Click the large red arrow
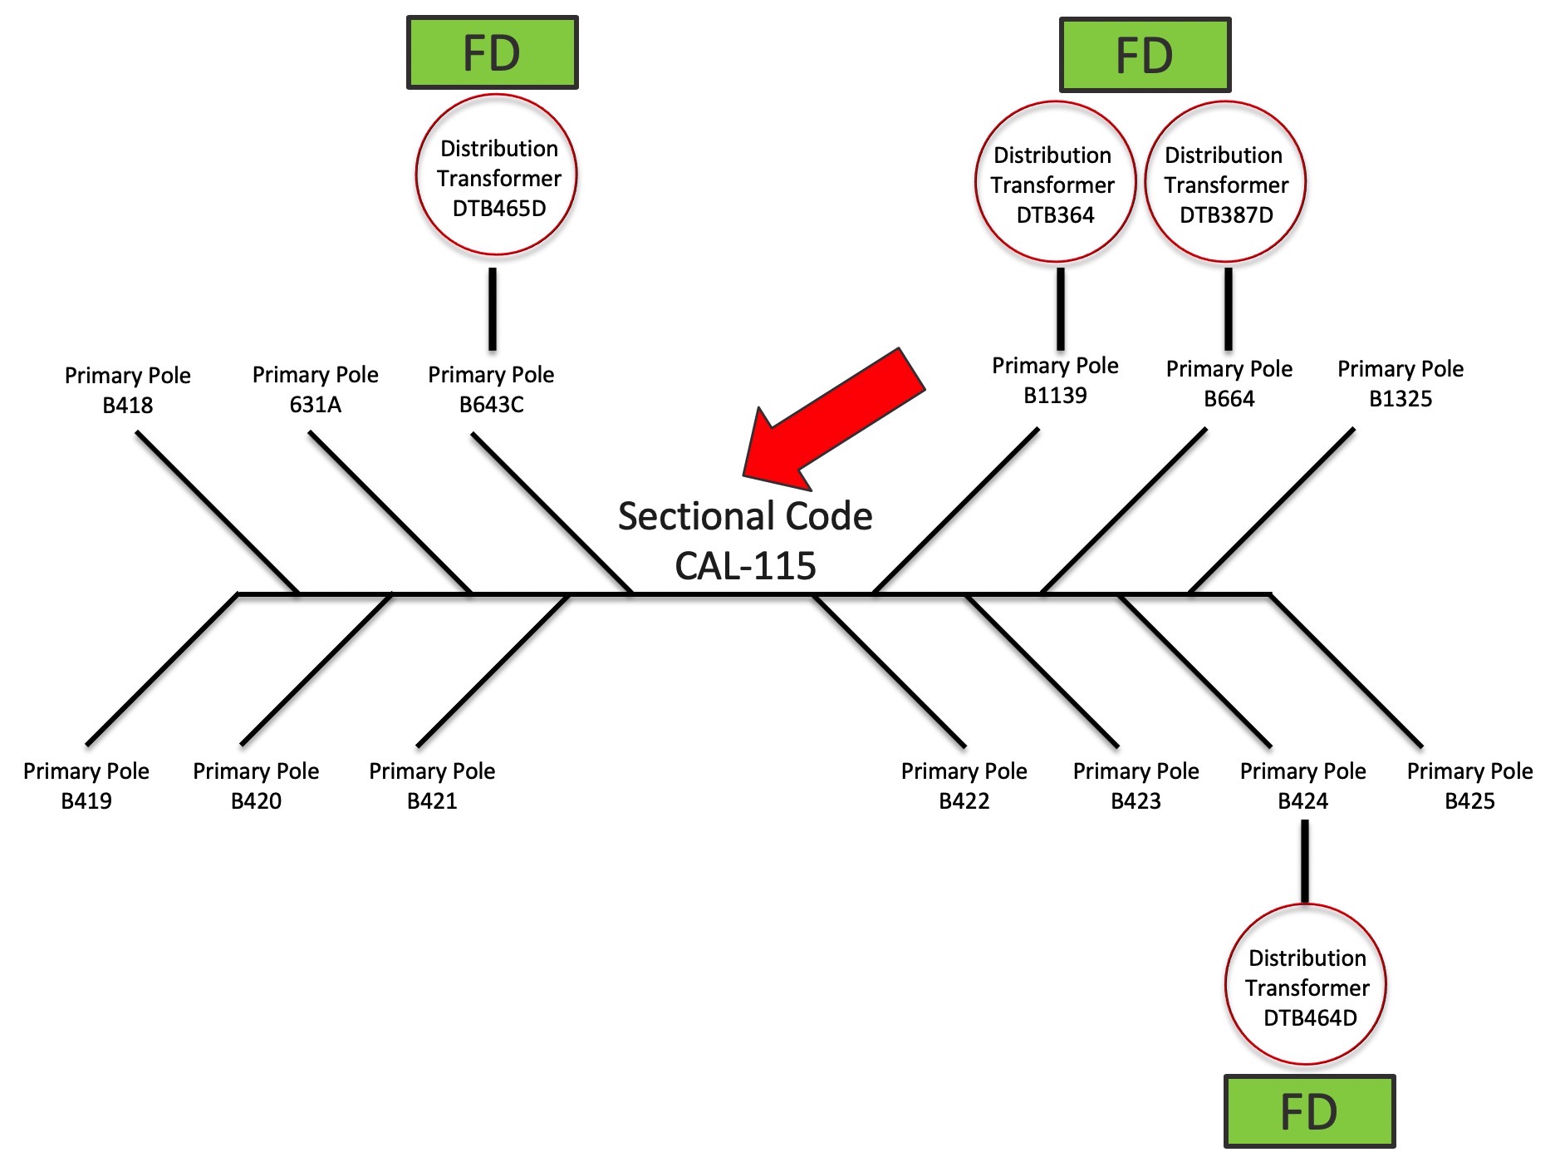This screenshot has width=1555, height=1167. click(831, 420)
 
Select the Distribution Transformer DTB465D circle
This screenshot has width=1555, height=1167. click(496, 175)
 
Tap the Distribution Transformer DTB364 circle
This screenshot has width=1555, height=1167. click(1055, 182)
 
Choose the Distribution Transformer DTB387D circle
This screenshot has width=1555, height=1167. click(1225, 182)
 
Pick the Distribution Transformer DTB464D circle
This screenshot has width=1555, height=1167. click(1306, 985)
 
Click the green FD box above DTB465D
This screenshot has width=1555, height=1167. click(492, 52)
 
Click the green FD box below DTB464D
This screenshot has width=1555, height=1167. click(1309, 1111)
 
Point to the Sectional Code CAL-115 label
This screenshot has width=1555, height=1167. click(745, 540)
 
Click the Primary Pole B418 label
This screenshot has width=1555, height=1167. click(128, 390)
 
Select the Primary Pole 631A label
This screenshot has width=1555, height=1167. click(315, 389)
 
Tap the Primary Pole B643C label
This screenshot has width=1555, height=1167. click(491, 389)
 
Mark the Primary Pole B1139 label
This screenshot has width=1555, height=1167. click(1055, 380)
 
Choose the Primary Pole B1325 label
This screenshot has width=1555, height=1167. click(1400, 383)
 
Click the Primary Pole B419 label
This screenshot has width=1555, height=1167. click(86, 785)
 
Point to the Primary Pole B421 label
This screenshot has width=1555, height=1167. click(432, 785)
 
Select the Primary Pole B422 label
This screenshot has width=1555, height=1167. click(964, 785)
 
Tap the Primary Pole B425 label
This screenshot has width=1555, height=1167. click(1469, 785)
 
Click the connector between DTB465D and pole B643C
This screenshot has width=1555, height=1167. click(493, 308)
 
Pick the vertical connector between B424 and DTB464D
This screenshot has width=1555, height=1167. click(1305, 861)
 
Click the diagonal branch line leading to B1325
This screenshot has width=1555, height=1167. click(1271, 511)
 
